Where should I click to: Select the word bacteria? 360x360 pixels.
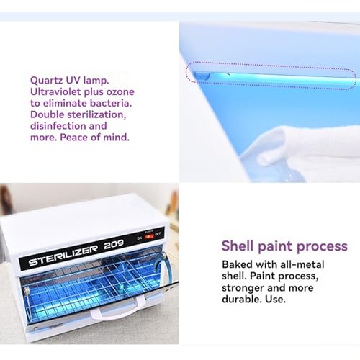(111, 103)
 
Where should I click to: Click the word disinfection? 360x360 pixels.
(58, 126)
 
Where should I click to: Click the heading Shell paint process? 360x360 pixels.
(284, 246)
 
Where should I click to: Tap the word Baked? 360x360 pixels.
(237, 264)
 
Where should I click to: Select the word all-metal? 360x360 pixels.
(302, 264)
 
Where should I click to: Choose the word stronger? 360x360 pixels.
(242, 288)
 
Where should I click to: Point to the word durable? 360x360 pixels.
(241, 299)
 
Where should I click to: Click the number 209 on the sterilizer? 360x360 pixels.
(114, 245)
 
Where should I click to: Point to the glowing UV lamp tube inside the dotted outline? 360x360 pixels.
(271, 78)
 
